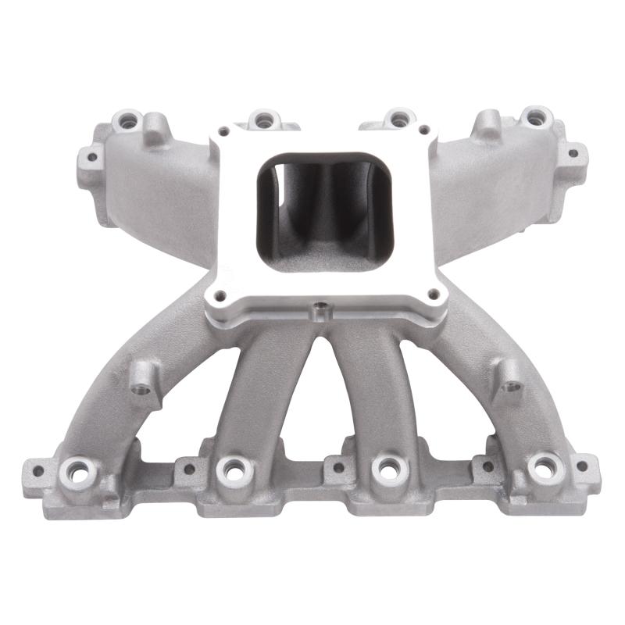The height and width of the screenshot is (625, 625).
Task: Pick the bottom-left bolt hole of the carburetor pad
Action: pos(220,295)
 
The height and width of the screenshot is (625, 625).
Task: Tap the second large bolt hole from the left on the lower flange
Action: pos(232,469)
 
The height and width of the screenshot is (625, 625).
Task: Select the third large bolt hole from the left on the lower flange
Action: pos(384,468)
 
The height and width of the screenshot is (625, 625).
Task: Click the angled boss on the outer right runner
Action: pos(509,382)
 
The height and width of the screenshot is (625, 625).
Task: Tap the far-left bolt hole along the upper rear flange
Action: pos(127,121)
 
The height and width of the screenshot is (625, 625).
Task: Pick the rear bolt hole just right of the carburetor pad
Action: pos(399,119)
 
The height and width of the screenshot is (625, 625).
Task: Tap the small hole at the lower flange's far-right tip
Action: pos(581,466)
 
